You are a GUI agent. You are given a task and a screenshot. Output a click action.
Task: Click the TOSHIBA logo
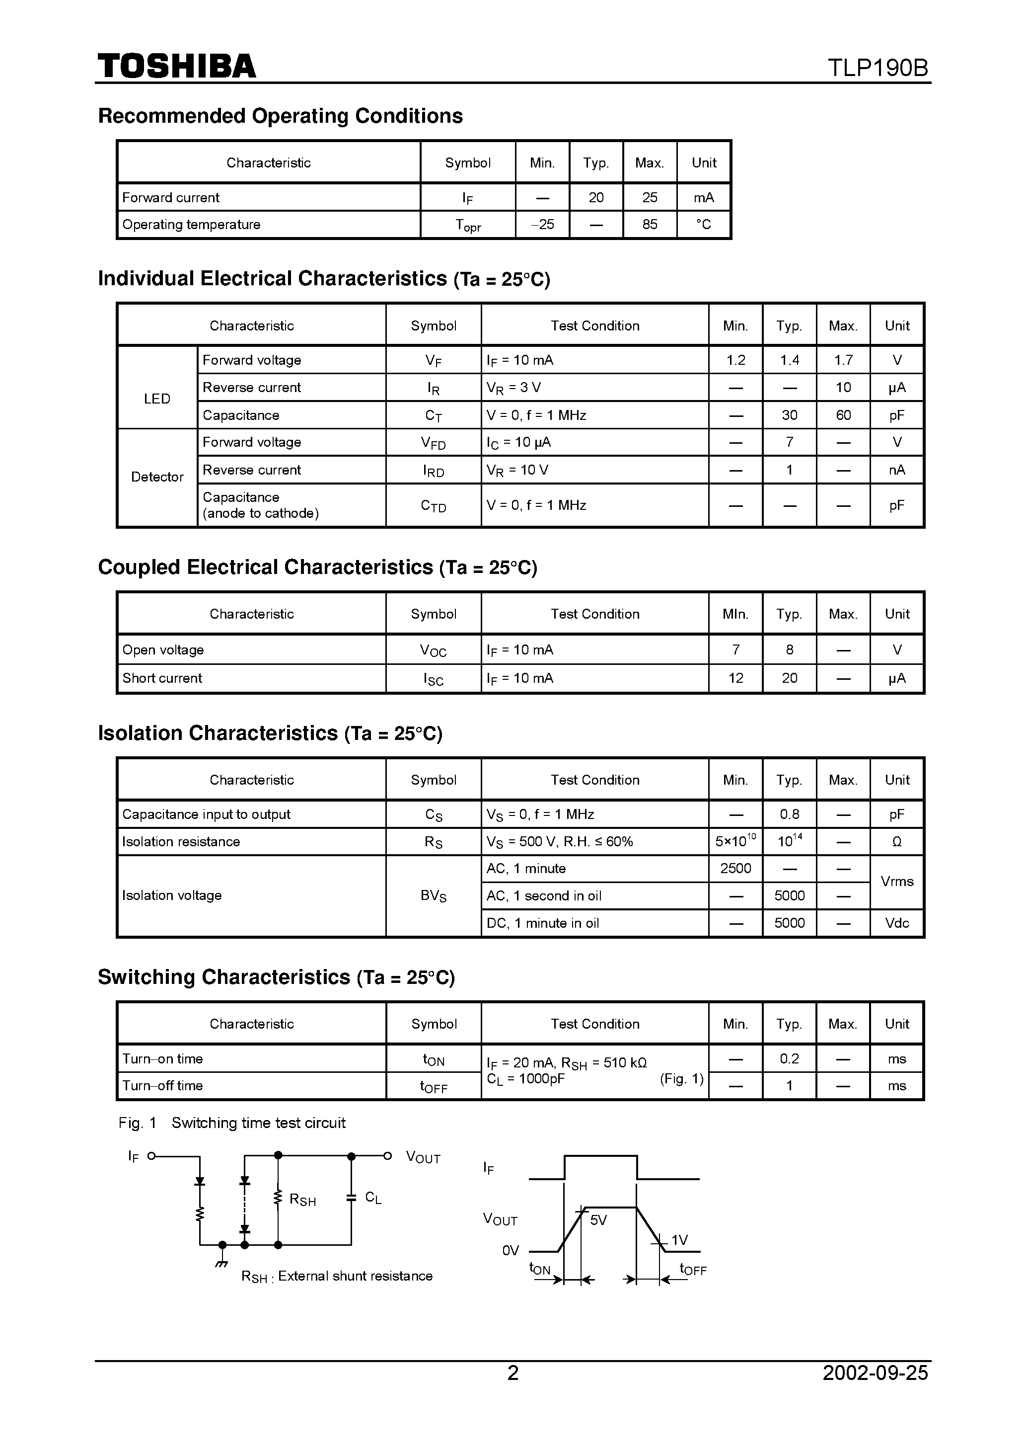click(176, 67)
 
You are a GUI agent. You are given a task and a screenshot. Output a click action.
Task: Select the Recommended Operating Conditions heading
click(280, 116)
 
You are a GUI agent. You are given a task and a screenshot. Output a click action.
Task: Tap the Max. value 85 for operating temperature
click(650, 224)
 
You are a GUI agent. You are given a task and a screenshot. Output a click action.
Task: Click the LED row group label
click(157, 399)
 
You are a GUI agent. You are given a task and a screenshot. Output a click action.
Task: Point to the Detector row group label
click(157, 477)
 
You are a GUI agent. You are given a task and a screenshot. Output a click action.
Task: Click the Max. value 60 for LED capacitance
click(843, 415)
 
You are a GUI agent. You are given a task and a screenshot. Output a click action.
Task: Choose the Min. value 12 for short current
click(735, 678)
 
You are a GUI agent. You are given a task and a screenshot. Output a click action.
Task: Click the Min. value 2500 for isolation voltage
click(735, 868)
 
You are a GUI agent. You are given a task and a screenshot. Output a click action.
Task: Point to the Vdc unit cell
click(896, 923)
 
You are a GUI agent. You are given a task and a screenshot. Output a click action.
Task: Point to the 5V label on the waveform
click(598, 1220)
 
